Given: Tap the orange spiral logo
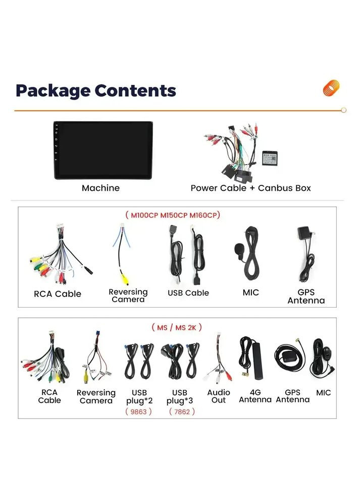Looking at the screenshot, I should [x=331, y=88].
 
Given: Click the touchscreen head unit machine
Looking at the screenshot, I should [x=104, y=150].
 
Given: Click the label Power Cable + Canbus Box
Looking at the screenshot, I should [x=250, y=188].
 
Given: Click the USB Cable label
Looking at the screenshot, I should [x=188, y=293].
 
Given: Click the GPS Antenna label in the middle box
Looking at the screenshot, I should [x=306, y=296].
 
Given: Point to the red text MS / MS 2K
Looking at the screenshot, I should [x=176, y=327].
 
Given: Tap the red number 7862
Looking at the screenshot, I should [x=182, y=412].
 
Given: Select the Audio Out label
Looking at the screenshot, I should [x=219, y=396].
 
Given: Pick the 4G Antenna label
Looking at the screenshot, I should [x=255, y=396].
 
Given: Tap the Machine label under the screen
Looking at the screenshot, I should [x=100, y=188].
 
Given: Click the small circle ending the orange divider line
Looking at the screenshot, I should [x=344, y=110].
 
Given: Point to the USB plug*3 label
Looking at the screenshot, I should [x=179, y=396].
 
